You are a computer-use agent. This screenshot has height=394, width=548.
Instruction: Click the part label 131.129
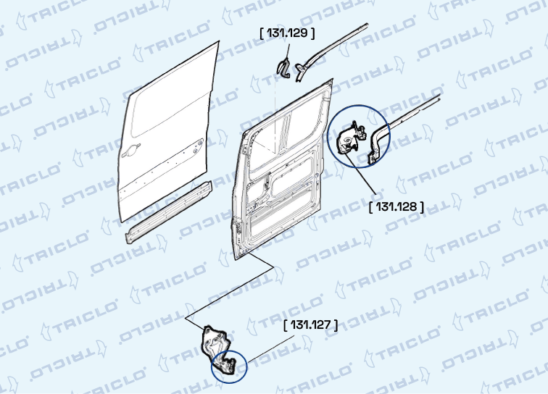[x=287, y=33]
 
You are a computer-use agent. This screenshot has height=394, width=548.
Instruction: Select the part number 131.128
[x=397, y=207]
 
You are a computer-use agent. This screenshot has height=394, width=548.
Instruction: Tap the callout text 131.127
[x=311, y=325]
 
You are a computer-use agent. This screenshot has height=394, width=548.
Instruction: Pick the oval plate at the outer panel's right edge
[x=198, y=146]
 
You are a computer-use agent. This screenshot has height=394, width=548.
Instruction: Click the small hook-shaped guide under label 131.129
[x=284, y=68]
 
